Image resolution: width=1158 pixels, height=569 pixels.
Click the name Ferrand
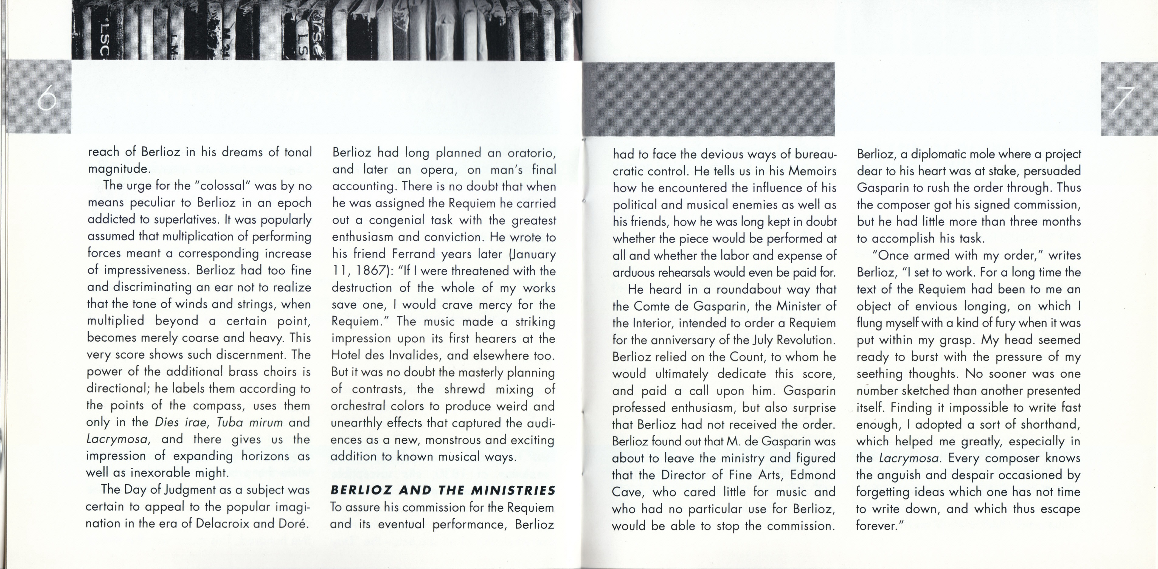click(x=414, y=254)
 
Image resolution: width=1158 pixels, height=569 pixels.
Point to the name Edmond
click(x=812, y=475)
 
